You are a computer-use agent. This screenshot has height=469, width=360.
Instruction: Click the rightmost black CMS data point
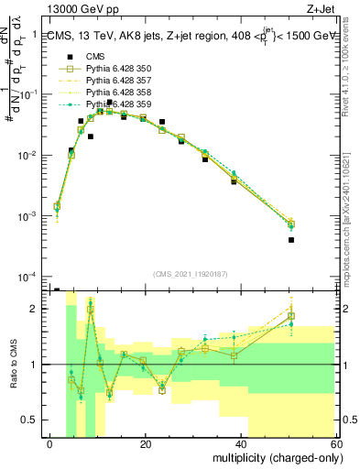click(290, 240)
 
